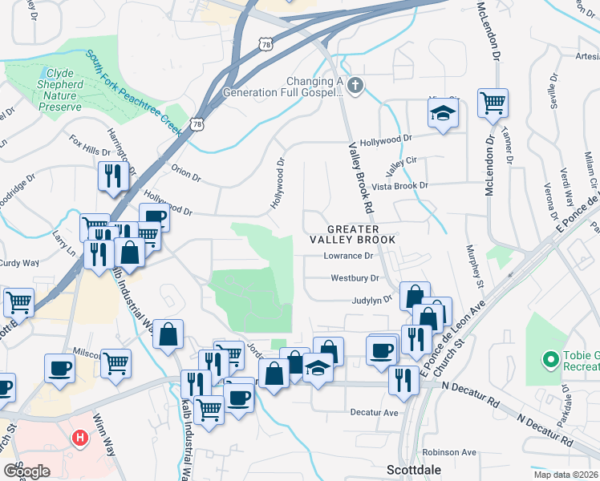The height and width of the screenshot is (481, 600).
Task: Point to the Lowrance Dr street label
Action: point(349,257)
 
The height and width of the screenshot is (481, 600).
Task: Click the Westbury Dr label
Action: point(355,278)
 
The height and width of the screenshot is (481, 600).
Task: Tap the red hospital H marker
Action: point(80,438)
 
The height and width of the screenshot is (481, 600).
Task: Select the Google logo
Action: point(26,471)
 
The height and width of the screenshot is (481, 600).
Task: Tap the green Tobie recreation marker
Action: point(551,361)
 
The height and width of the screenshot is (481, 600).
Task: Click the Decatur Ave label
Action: point(374,412)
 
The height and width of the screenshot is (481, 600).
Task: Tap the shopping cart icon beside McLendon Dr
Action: point(492,103)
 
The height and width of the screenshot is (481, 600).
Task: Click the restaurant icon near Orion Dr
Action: point(112,176)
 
